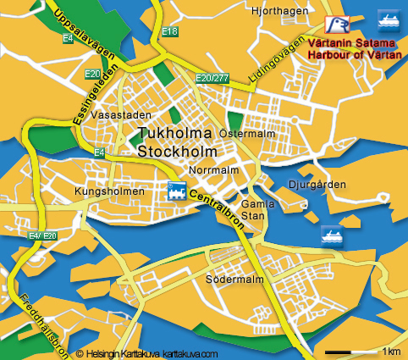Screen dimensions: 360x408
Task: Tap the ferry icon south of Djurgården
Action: [x=331, y=235]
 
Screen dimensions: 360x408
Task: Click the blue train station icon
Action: [x=177, y=191]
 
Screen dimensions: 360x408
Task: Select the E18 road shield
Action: [x=170, y=31]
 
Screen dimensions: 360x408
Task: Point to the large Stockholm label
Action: [x=177, y=152]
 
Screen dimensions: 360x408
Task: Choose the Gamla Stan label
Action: [x=253, y=210]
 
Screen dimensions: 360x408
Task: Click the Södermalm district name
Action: [x=230, y=278]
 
